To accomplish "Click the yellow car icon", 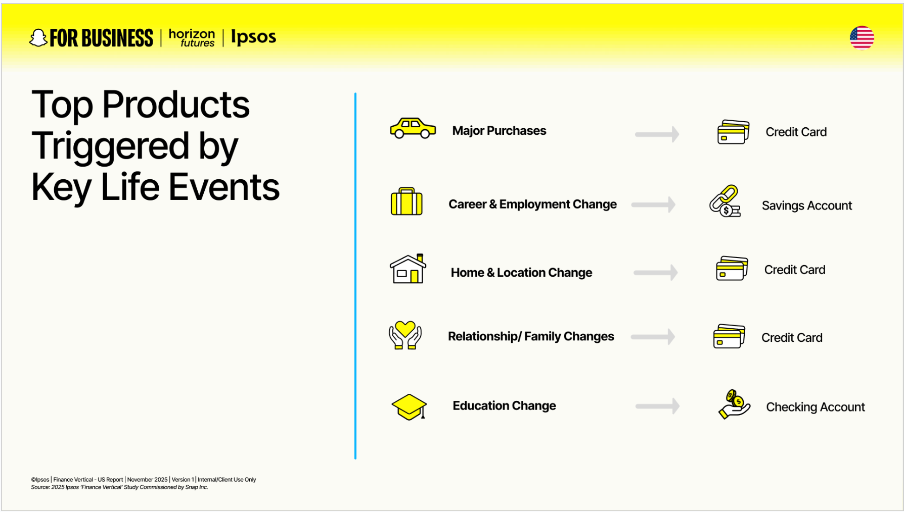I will click(413, 128).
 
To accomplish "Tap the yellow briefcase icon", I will click(406, 202).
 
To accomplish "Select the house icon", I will click(408, 269).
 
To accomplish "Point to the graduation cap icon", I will click(409, 407).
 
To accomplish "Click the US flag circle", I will click(862, 38).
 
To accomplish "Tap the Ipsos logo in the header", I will click(253, 37).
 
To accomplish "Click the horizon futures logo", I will click(192, 38).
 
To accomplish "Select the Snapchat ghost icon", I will click(38, 38).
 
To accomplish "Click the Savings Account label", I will click(806, 206).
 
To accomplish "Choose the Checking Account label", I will click(815, 407).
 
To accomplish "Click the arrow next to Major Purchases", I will click(657, 134).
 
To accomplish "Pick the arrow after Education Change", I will click(657, 406).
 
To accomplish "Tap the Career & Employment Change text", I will click(532, 204).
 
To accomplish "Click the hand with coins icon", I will click(734, 404).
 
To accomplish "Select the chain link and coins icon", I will click(725, 201).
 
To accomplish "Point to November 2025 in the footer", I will click(147, 480).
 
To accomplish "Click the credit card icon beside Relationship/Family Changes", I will click(729, 336).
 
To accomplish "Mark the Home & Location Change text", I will click(521, 273).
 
